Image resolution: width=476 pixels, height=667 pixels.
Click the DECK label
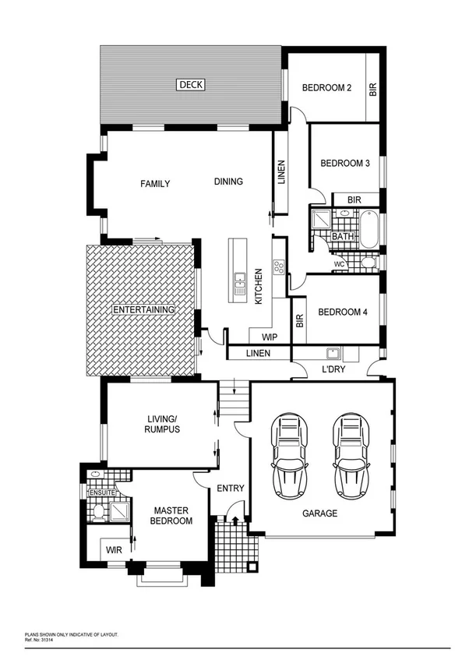tap(190, 85)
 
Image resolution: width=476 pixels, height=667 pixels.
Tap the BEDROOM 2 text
tap(326, 88)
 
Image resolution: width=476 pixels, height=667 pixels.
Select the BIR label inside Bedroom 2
tap(372, 90)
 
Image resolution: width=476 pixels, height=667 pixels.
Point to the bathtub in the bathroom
tap(370, 229)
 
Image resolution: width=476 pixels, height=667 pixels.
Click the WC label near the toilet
tap(339, 264)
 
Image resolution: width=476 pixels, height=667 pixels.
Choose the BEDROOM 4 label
tap(343, 312)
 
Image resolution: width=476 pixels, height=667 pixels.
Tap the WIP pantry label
tap(270, 337)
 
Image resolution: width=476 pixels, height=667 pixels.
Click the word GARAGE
tap(319, 513)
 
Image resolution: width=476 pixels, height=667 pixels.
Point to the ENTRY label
tap(231, 489)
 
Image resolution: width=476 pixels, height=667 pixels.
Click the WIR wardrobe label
tap(114, 549)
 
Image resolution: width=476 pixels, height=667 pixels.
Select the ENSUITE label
tap(101, 492)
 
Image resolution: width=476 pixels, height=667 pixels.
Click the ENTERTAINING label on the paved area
tap(143, 309)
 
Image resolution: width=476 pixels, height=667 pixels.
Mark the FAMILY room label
tap(155, 184)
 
